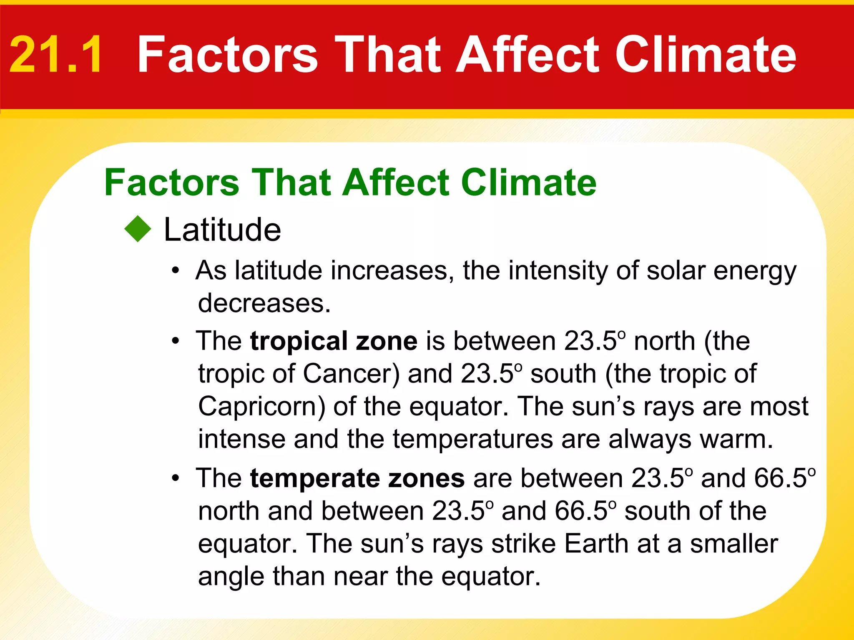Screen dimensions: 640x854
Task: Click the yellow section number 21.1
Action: click(x=55, y=55)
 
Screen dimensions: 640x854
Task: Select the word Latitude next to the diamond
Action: click(x=222, y=230)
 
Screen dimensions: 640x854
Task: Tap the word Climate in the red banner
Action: click(x=706, y=55)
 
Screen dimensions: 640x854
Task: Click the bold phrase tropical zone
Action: click(x=334, y=341)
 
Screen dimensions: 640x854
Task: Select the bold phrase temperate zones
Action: click(x=357, y=478)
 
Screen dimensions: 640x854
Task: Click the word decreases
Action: click(x=264, y=303)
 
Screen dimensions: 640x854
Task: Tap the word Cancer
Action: click(x=351, y=373)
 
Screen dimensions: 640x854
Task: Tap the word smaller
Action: click(x=734, y=544)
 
